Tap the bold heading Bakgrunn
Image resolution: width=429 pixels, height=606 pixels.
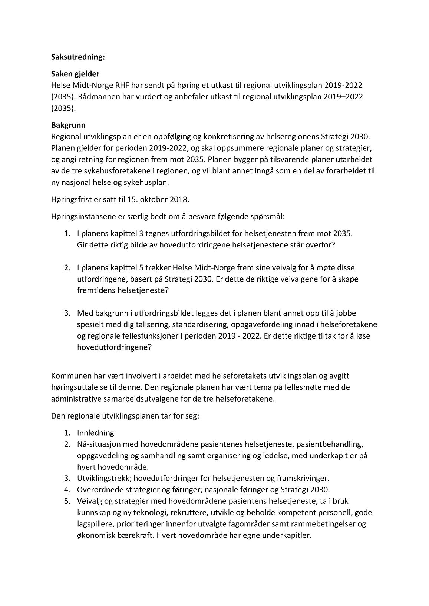tap(68, 126)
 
